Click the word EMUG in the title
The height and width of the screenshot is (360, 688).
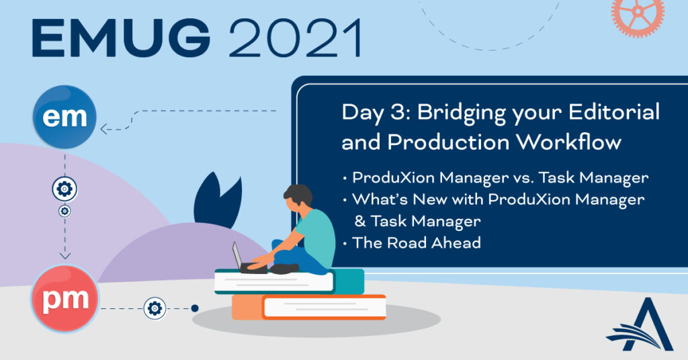121,38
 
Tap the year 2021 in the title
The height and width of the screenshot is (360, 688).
296,38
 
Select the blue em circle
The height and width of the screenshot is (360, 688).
64,117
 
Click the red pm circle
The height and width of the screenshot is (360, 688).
65,299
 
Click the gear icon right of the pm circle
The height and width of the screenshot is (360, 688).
155,308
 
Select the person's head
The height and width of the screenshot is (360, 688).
298,197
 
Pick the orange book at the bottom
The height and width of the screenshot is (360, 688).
309,307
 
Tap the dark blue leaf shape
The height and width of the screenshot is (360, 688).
218,200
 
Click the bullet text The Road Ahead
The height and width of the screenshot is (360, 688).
417,242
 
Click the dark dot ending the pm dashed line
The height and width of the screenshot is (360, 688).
195,308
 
